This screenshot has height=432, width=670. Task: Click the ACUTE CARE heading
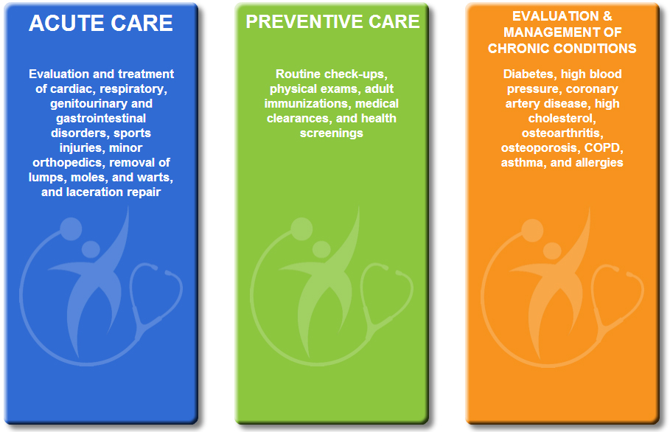(101, 23)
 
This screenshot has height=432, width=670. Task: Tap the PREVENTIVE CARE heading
(332, 22)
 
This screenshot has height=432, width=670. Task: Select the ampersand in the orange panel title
(607, 16)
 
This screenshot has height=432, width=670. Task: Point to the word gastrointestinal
(101, 119)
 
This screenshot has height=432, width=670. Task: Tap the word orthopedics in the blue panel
(68, 163)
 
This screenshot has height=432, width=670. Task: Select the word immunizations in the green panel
(306, 104)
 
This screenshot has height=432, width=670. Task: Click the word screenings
(332, 133)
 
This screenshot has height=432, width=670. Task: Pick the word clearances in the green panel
(298, 119)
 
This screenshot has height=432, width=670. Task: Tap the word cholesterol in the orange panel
(562, 119)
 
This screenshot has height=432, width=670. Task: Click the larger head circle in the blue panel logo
(71, 229)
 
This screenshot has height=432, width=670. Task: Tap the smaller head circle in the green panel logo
(321, 249)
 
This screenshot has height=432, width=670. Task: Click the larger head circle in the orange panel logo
(532, 230)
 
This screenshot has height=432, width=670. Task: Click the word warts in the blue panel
(157, 178)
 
